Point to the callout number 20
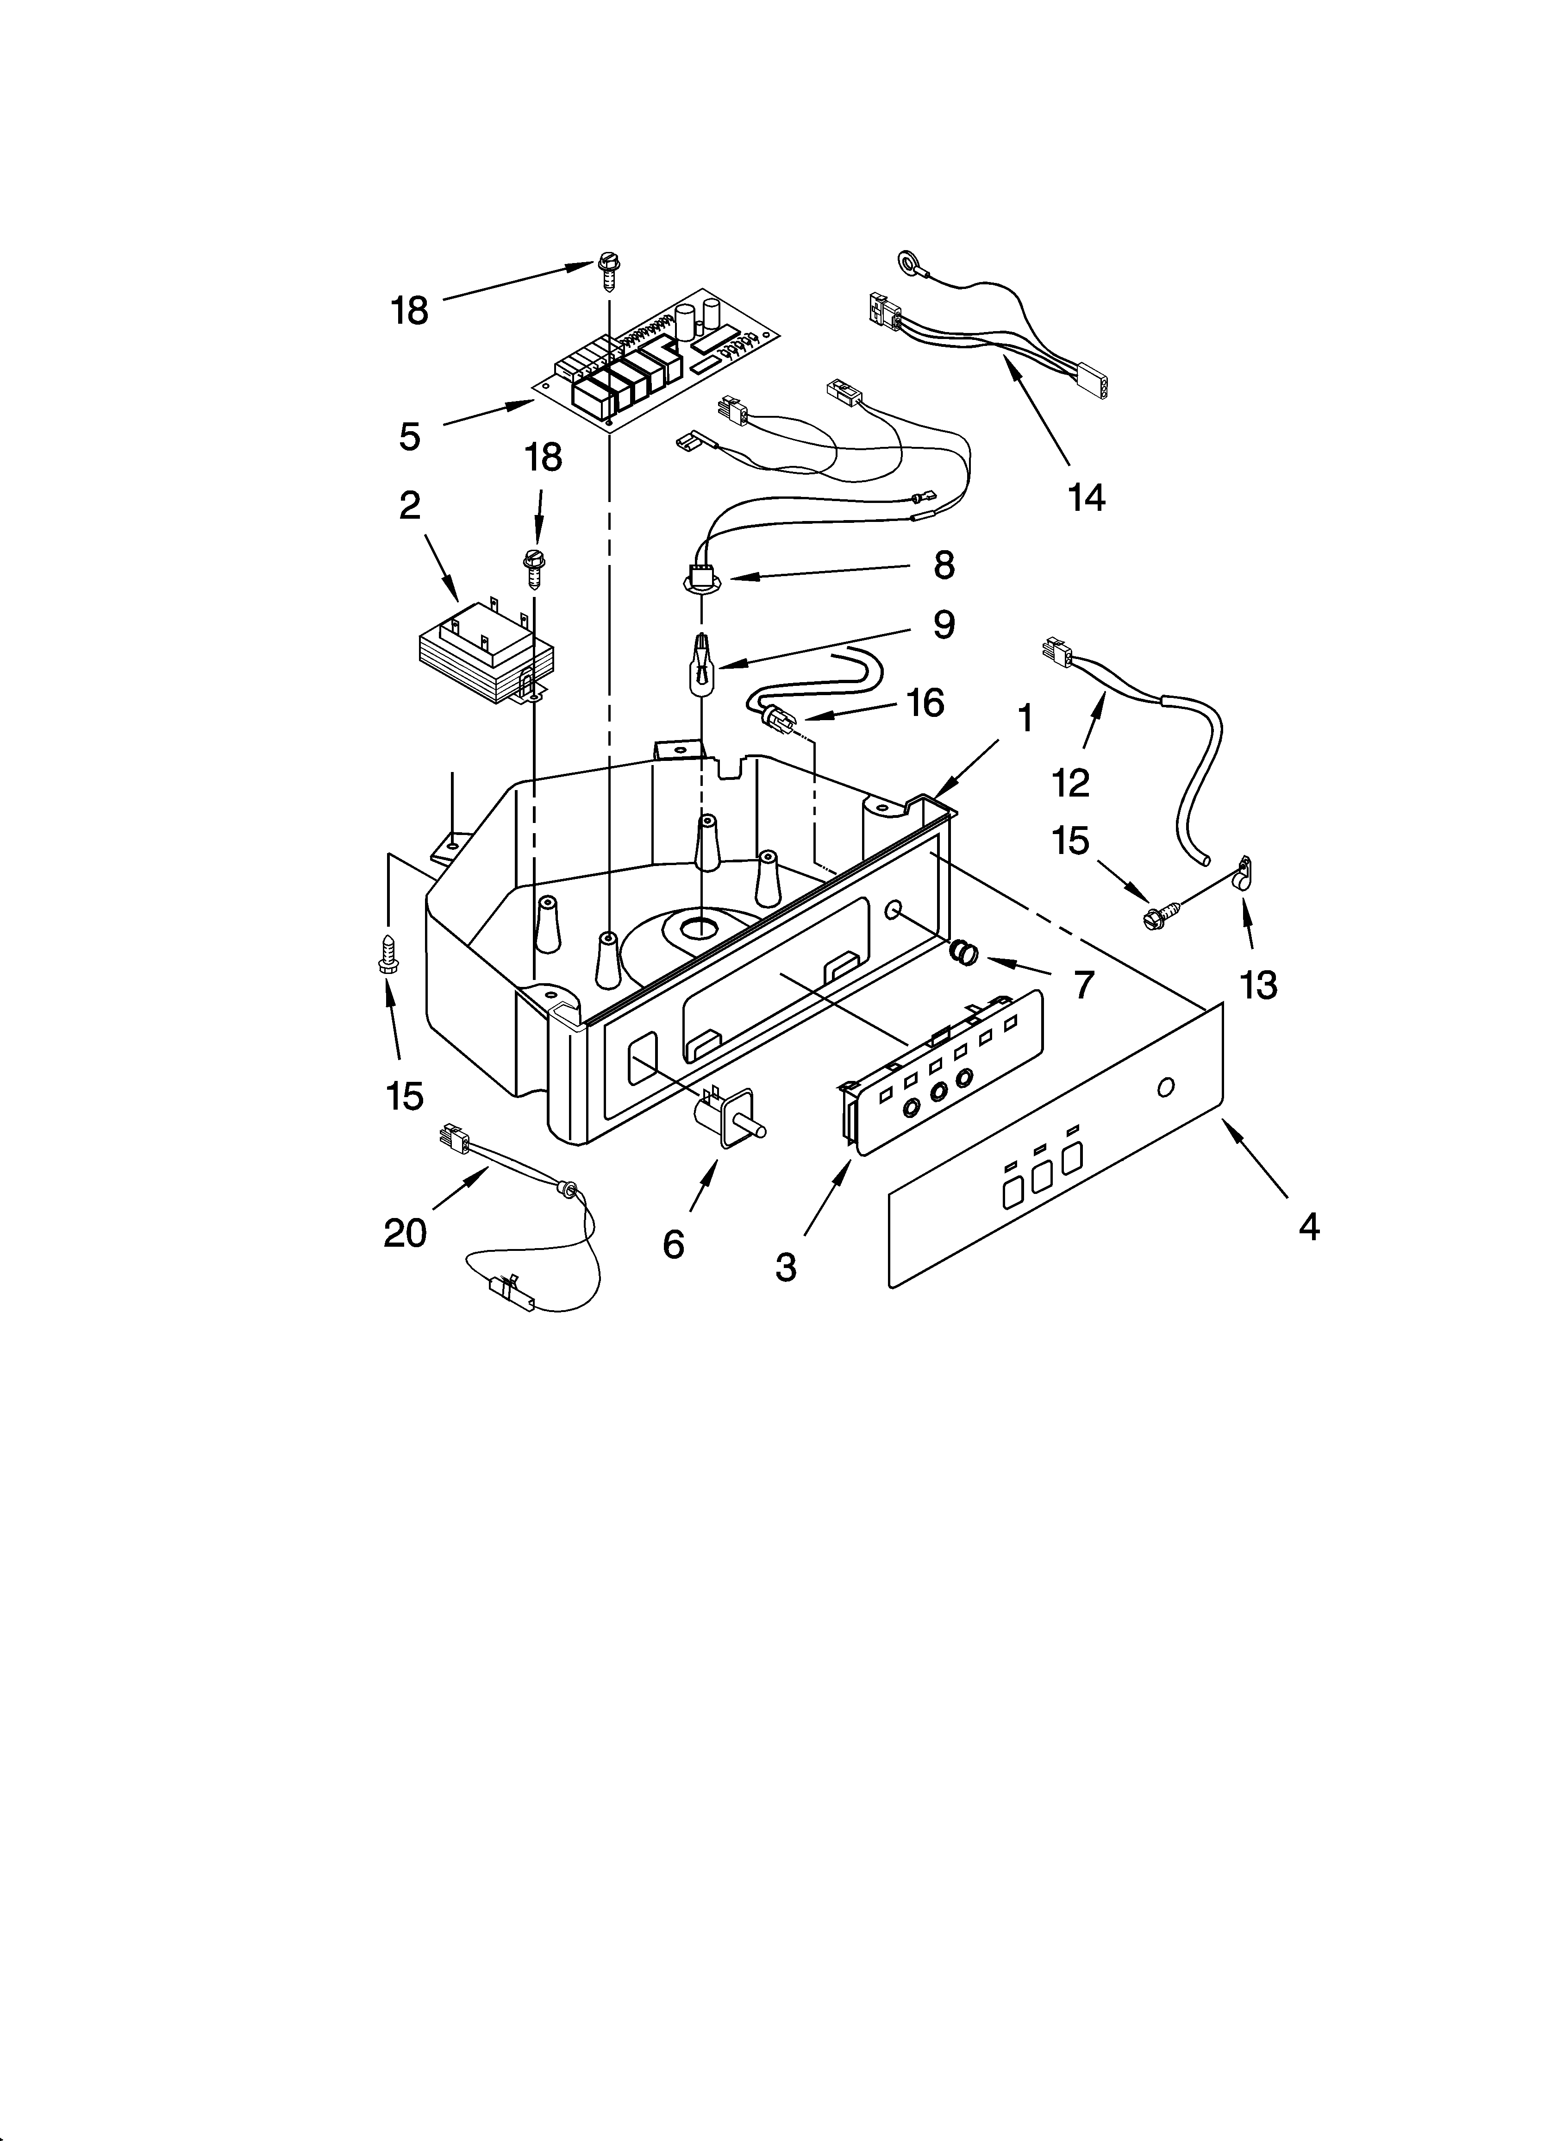(405, 1233)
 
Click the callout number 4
(1308, 1226)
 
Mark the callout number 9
(944, 625)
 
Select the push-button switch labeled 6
(730, 1121)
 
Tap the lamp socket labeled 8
(700, 579)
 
